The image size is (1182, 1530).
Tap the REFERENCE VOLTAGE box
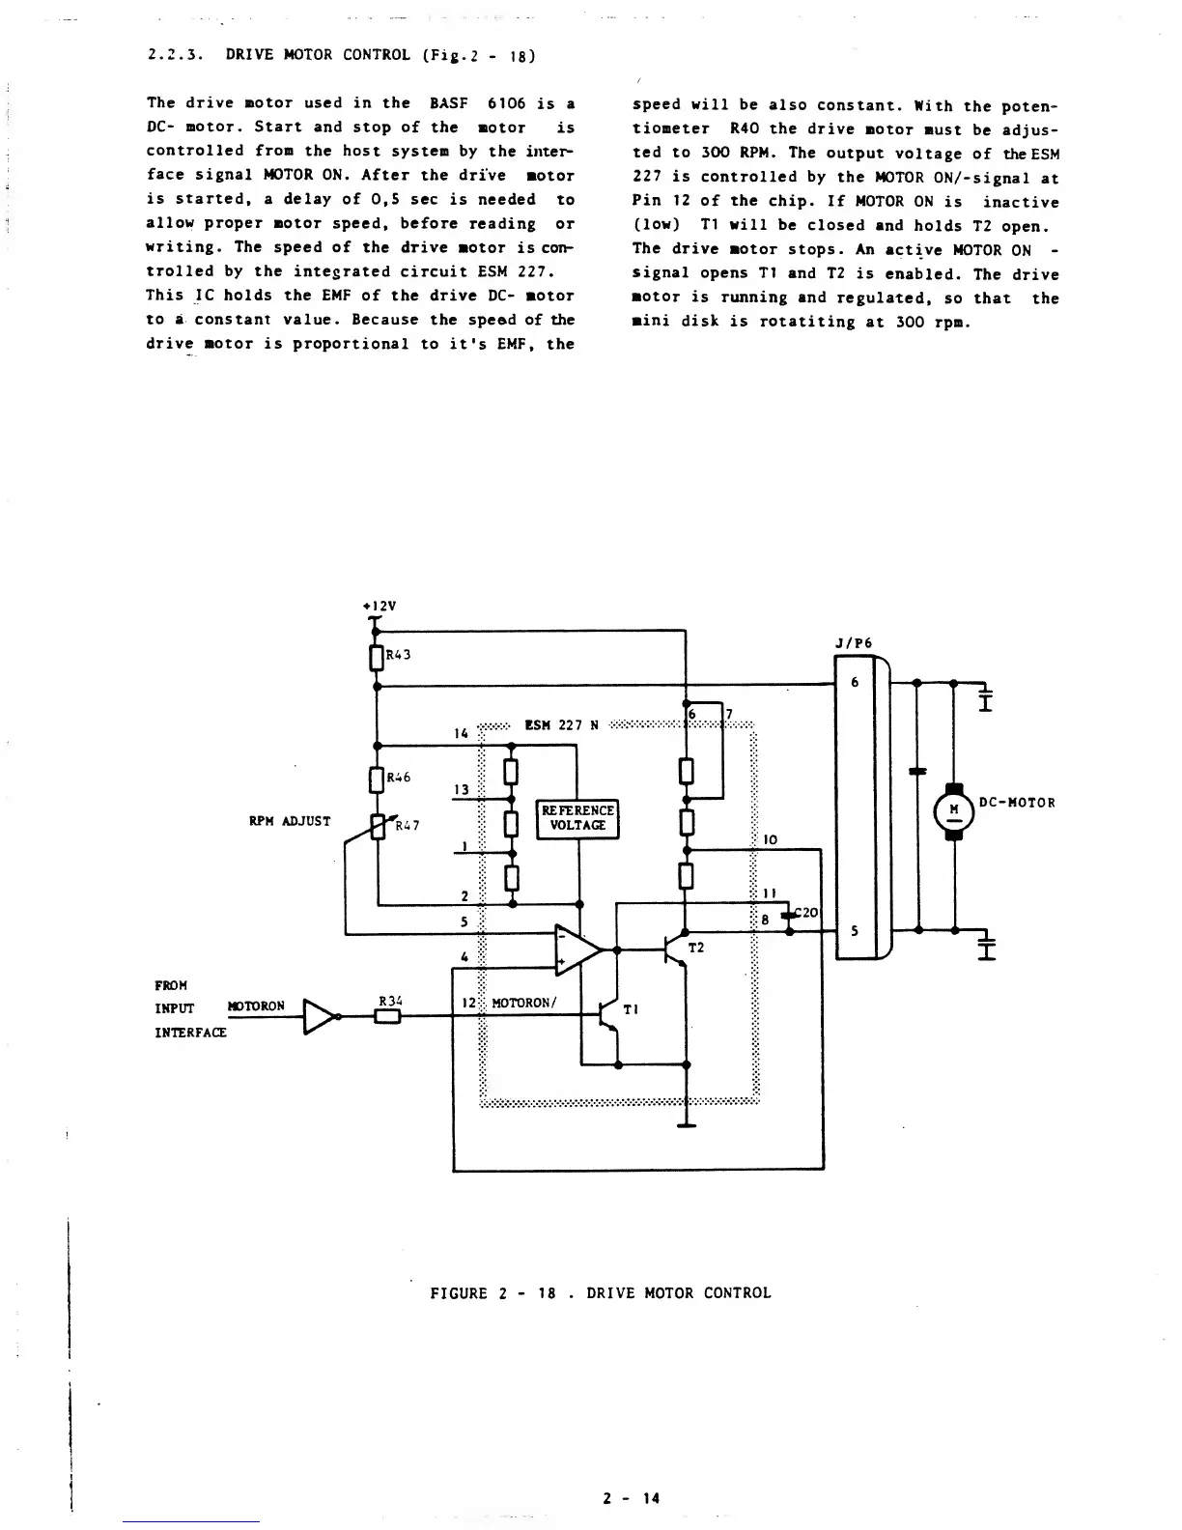coord(577,818)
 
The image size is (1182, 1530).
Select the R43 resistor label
coord(399,654)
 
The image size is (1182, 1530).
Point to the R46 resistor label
coord(399,777)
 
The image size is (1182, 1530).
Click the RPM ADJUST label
coord(290,821)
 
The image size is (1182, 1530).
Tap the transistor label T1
coord(631,1008)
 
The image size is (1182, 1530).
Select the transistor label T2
coord(695,948)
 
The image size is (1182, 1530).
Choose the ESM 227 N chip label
coord(561,724)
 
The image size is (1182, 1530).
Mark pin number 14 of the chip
coord(461,733)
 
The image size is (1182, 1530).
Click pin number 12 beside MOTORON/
coord(465,1003)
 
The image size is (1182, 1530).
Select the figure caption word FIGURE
coord(459,1293)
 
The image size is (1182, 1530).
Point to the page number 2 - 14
coord(631,1498)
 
